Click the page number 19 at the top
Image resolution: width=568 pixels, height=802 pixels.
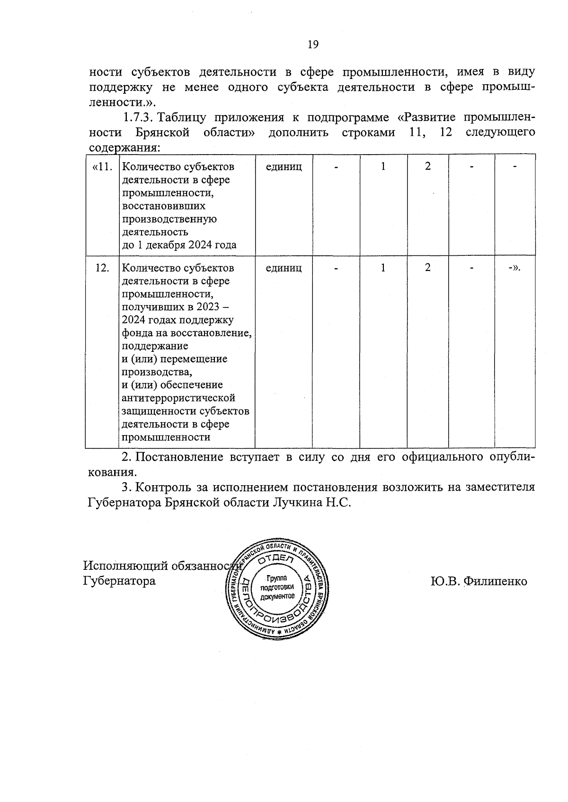[x=313, y=44]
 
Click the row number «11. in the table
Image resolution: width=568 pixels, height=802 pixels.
[x=102, y=166]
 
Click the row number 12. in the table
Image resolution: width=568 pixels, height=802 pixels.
[x=102, y=268]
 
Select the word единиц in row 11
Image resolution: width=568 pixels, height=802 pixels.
[x=284, y=166]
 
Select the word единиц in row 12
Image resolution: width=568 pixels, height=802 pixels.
[x=284, y=268]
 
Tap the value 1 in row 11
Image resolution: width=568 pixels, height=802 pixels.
[x=383, y=166]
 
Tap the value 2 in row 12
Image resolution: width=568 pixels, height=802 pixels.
[x=427, y=268]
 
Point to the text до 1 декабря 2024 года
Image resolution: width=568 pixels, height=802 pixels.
[x=179, y=245]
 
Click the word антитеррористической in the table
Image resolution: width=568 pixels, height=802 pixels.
[x=178, y=398]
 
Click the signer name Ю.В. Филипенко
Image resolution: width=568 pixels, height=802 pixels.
[x=479, y=581]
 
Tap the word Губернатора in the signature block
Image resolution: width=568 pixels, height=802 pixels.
[x=119, y=580]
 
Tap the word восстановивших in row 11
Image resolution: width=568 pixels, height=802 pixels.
[x=163, y=206]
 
